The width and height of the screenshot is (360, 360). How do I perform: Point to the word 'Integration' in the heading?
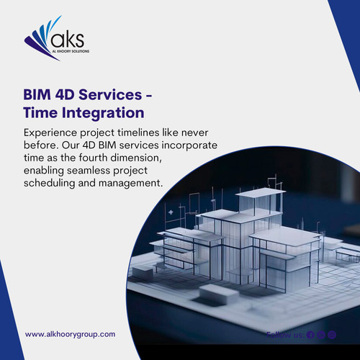click(102, 113)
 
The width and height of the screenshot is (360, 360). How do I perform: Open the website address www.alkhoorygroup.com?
click(71, 334)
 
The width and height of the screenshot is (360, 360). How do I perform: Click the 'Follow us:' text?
click(284, 334)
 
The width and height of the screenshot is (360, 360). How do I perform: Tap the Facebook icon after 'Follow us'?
click(310, 334)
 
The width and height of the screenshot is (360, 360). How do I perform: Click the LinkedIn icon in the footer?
click(322, 334)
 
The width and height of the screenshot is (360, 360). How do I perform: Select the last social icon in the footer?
click(333, 334)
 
